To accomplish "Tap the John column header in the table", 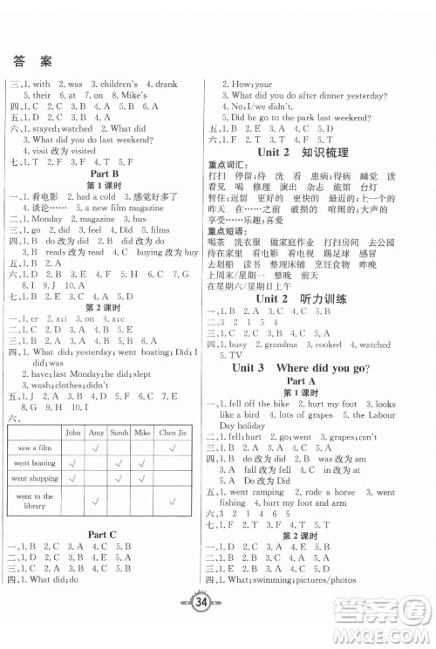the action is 72,432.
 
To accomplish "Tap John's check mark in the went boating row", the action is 72,463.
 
